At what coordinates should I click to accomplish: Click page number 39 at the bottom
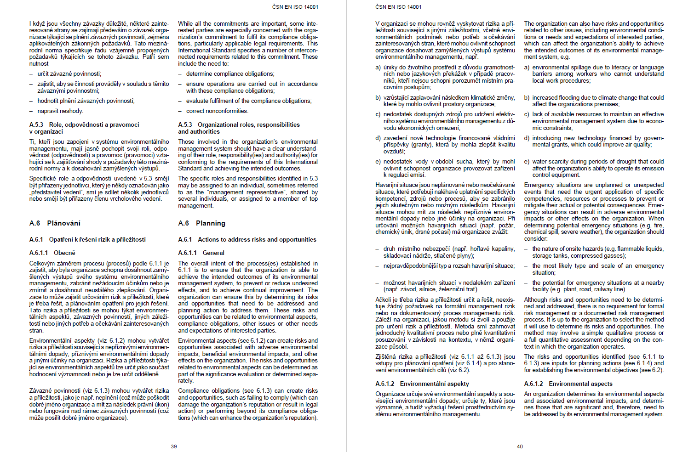coord(174,446)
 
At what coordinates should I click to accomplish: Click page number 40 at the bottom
coord(520,446)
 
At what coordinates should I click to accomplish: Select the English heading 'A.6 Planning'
coord(201,223)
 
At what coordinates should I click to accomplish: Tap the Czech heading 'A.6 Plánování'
coord(55,223)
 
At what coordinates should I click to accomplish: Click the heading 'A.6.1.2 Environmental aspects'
coord(568,384)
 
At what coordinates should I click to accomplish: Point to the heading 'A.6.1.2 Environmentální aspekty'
coord(422,384)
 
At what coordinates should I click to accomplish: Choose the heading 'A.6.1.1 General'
coord(201,253)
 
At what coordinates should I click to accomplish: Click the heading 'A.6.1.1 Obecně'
coord(52,253)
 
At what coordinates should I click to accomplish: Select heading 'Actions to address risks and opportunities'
coord(257,240)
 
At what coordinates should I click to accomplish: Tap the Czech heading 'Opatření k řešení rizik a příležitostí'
coord(97,240)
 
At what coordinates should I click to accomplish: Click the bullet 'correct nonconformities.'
coord(217,111)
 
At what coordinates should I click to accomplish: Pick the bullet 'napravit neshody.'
coord(60,111)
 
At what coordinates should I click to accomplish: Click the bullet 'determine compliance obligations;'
coord(230,74)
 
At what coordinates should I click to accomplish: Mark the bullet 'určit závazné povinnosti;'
coord(69,74)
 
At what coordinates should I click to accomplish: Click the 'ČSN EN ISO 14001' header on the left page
coord(295,7)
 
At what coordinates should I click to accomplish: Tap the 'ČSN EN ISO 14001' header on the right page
coord(398,7)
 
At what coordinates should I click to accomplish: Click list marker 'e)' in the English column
coord(527,162)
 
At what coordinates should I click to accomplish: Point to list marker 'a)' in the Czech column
coord(378,68)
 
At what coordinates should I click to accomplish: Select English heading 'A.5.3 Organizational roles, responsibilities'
coord(239,125)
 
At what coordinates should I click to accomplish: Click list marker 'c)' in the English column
coord(527,114)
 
